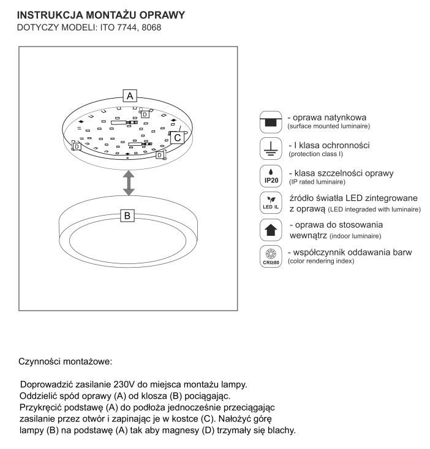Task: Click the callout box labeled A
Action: point(129,95)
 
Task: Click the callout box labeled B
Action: point(127,216)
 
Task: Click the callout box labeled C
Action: point(177,138)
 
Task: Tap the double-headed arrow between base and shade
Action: point(128,183)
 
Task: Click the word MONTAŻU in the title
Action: point(113,15)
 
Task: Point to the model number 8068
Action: point(151,28)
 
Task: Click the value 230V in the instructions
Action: point(126,384)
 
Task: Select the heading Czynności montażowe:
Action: point(66,361)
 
